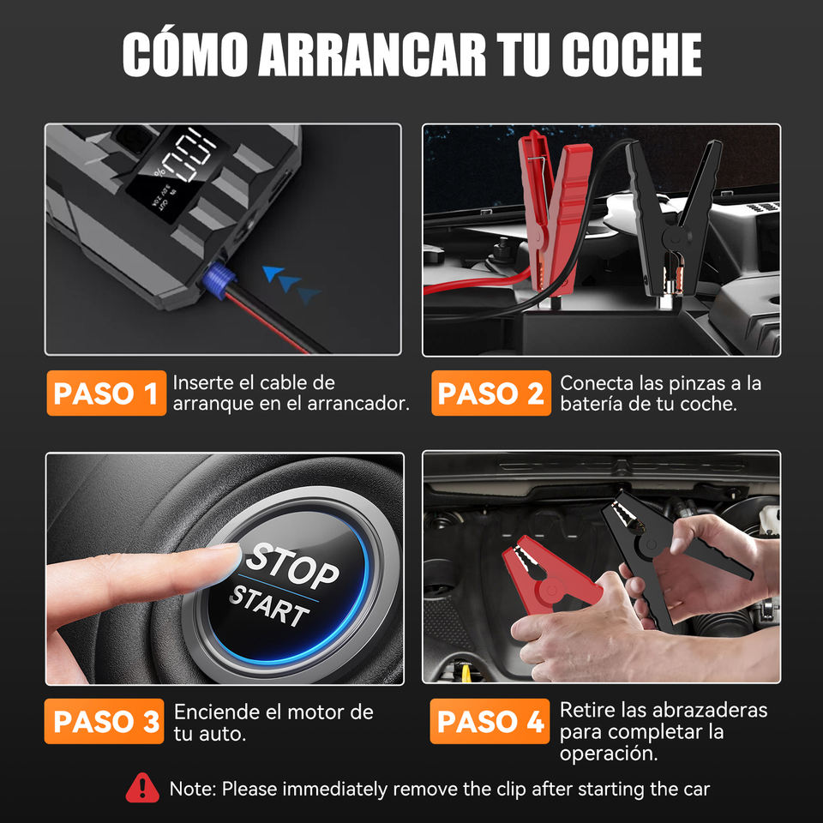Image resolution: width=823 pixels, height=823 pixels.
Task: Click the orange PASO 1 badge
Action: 106,393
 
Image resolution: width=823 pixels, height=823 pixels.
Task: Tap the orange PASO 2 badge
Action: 491,393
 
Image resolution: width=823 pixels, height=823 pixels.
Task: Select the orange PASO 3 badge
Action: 105,721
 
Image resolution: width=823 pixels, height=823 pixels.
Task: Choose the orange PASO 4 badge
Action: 490,721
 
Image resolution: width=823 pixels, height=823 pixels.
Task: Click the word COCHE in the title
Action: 632,55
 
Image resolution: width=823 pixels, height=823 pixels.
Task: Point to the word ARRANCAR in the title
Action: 372,55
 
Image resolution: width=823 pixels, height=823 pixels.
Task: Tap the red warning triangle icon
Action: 142,788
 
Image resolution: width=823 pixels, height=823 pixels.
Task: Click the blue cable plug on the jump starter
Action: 217,281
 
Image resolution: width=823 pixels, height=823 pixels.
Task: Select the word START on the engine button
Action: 269,606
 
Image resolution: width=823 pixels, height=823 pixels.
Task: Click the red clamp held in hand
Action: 551,574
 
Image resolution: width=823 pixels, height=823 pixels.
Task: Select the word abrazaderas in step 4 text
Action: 707,710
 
